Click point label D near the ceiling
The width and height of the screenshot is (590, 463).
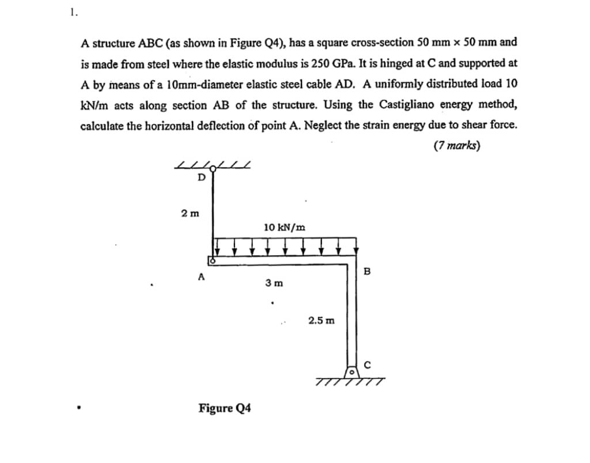(201, 177)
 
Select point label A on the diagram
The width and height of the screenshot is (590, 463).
(201, 276)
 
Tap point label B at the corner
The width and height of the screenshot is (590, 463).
(366, 271)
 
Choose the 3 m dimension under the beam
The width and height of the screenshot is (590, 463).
(274, 283)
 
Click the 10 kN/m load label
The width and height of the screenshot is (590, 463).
(285, 227)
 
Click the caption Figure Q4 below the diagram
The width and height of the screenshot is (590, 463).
(225, 408)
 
